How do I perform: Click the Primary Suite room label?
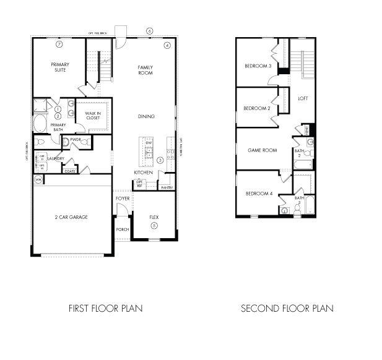60,67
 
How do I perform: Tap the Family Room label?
145,70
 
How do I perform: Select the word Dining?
146,117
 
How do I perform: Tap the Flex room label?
154,217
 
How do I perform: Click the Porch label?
123,229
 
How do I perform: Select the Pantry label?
166,187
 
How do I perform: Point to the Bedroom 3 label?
258,66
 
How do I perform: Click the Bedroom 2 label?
257,108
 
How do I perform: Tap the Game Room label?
263,150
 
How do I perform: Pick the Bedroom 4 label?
259,194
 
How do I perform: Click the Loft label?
303,98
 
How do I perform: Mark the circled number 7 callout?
59,45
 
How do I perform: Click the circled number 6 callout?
149,30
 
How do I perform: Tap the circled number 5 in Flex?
154,226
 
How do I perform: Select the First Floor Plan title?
105,307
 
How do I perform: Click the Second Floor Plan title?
287,307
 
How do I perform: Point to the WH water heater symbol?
38,179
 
